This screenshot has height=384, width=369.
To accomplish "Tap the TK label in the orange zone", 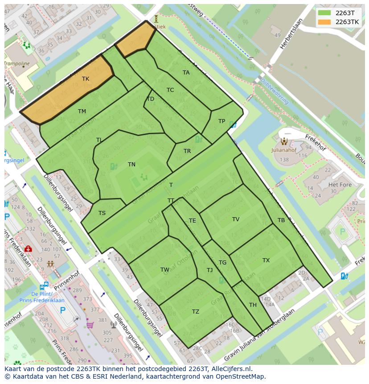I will (x=86, y=79).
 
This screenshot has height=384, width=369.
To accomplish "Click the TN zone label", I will (x=131, y=165).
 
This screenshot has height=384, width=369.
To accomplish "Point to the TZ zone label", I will (x=196, y=312).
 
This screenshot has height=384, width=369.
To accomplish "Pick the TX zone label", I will (x=266, y=260).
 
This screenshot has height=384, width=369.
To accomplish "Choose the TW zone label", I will (x=165, y=270).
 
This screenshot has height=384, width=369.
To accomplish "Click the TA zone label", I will (x=186, y=73).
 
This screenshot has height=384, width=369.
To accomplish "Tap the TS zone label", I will (x=102, y=213).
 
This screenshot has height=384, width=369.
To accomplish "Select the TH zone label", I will (x=253, y=305).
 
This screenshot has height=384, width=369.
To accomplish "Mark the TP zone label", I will (x=221, y=121).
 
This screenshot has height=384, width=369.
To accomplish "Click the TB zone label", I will (x=281, y=220).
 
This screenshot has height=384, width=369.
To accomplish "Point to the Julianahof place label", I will (x=284, y=150).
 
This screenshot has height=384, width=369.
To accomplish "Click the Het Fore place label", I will (x=340, y=185).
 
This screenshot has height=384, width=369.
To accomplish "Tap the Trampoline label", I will (x=17, y=64).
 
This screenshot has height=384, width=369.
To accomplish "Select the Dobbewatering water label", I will (x=275, y=92).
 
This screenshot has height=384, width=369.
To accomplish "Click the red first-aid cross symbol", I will (x=28, y=249).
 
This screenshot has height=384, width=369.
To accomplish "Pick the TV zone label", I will (x=236, y=219).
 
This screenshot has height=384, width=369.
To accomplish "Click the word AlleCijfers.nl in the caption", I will (x=232, y=369).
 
